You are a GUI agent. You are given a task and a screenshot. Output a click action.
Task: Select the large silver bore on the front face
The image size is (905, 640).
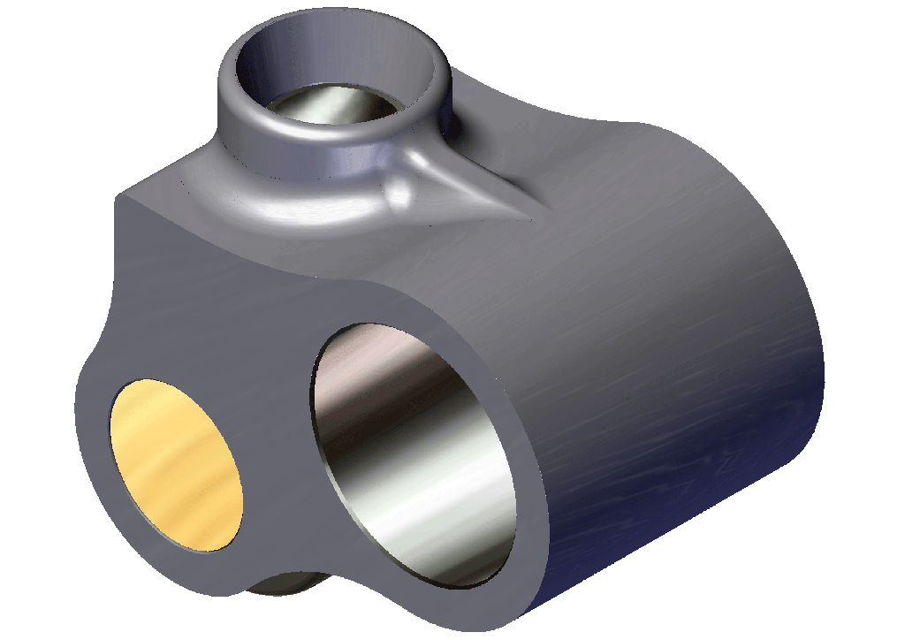[x=414, y=455]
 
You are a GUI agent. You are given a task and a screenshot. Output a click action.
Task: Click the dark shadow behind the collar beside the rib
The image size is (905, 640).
[x=455, y=128]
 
